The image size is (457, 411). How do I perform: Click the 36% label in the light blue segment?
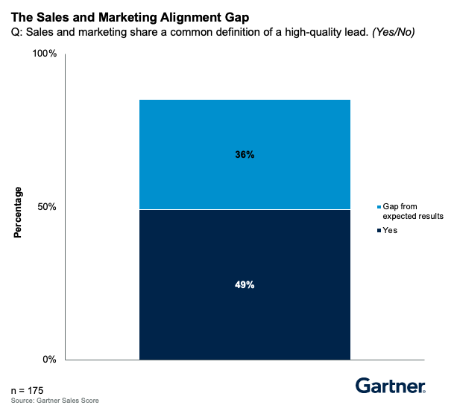[x=245, y=155]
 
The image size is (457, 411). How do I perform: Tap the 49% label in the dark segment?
[x=245, y=284]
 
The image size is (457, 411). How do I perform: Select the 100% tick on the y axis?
[x=43, y=54]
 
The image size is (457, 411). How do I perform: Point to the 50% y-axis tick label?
[x=46, y=206]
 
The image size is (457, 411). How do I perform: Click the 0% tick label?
[x=49, y=360]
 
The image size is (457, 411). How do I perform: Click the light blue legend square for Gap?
[x=379, y=206]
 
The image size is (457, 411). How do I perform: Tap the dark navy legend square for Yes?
[x=379, y=231]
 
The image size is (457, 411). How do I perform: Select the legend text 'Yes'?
[x=390, y=231]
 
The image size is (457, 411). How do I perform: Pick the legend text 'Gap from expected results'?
[x=413, y=211]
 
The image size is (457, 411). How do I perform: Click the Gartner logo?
[x=390, y=385]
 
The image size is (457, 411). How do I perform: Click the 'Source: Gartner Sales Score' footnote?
[x=54, y=401]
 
